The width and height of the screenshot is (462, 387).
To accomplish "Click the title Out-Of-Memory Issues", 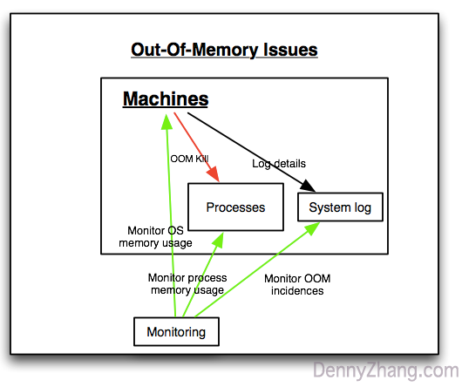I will [x=224, y=49].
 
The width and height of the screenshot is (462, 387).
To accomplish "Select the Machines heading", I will [x=165, y=99].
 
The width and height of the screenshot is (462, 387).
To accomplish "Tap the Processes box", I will [x=235, y=207].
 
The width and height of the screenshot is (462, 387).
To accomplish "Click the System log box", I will [x=340, y=207].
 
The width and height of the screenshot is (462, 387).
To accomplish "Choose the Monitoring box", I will [x=176, y=332].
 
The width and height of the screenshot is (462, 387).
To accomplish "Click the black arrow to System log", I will [x=253, y=148].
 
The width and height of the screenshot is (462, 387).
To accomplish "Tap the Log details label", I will [x=279, y=163].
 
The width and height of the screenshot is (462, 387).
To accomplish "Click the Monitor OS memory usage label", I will [x=155, y=236].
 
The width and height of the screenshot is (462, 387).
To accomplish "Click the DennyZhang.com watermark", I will [x=384, y=370].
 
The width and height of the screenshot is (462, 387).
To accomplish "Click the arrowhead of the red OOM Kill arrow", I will [x=214, y=178].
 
